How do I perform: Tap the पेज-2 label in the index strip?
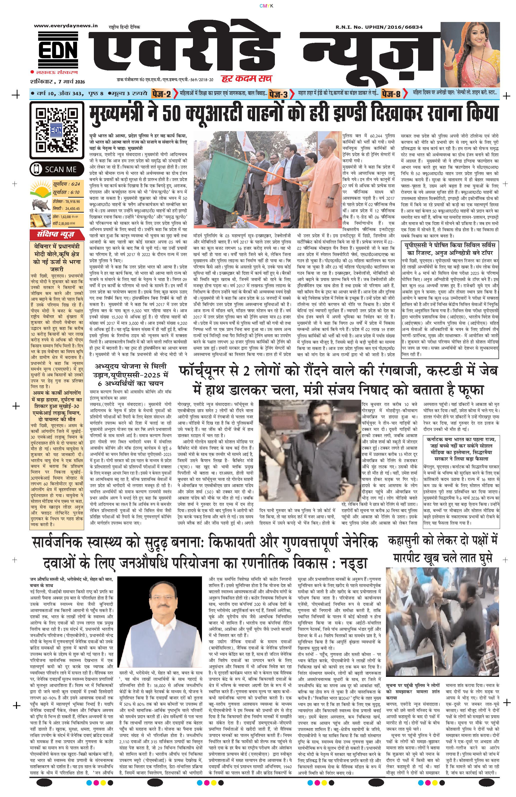click(161, 94)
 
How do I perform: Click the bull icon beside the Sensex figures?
click(40, 204)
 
